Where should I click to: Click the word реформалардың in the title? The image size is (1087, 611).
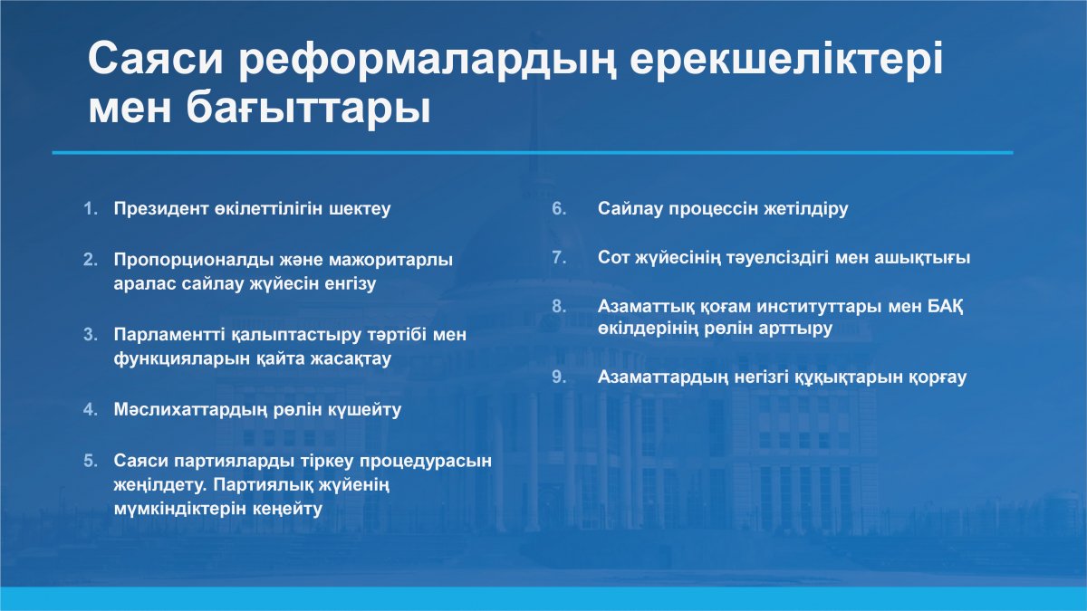(x=428, y=60)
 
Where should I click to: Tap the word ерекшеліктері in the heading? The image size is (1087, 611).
(x=786, y=58)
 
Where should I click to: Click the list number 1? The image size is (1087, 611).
(x=91, y=208)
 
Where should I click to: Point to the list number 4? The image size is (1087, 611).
(x=91, y=410)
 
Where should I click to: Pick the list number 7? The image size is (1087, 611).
(x=559, y=257)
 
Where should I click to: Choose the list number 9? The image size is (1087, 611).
(x=559, y=377)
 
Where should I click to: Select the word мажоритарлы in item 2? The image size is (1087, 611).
(x=390, y=260)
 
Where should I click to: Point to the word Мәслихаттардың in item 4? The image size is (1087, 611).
(x=190, y=410)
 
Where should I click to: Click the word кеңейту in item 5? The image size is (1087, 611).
(x=287, y=509)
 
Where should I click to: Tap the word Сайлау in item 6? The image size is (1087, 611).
(x=630, y=209)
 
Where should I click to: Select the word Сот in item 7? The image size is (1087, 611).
(x=613, y=257)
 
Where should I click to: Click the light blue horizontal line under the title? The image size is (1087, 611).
(x=533, y=153)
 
